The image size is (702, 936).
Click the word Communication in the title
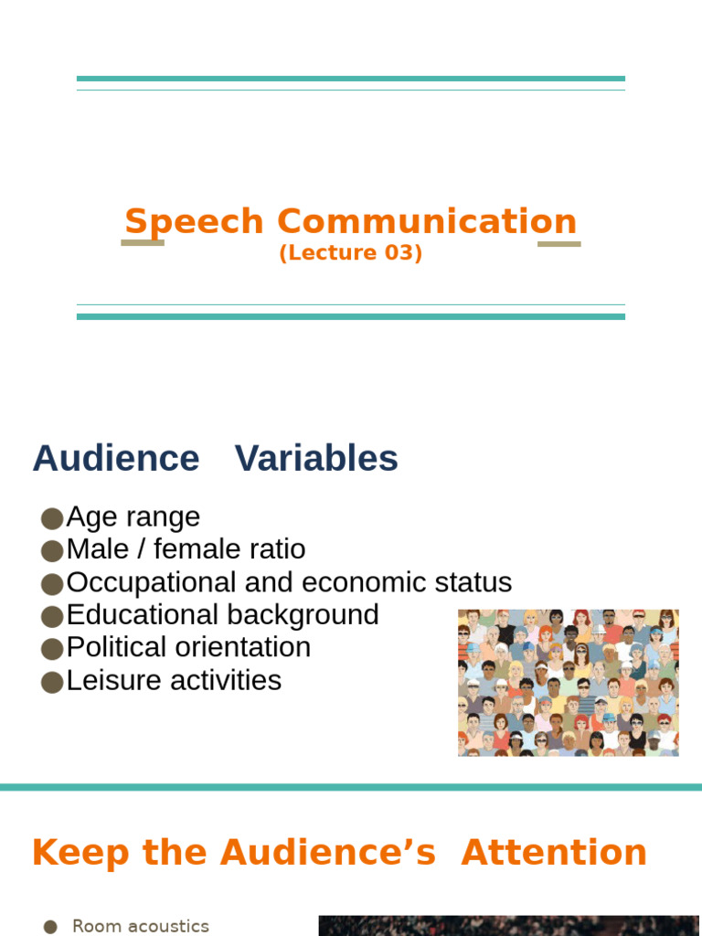(427, 222)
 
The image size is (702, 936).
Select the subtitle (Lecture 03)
(351, 253)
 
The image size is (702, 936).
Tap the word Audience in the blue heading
(116, 458)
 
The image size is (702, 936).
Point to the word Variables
(316, 458)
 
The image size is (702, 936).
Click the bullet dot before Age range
(52, 518)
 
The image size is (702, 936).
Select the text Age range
(133, 517)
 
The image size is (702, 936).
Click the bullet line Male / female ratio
(186, 549)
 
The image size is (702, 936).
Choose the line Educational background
(222, 614)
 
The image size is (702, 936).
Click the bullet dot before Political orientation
(52, 649)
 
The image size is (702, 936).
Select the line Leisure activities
(174, 680)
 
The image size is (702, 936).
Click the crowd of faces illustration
(568, 683)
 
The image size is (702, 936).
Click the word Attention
(554, 852)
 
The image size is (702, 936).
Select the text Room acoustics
(141, 926)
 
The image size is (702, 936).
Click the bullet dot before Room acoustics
(51, 927)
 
